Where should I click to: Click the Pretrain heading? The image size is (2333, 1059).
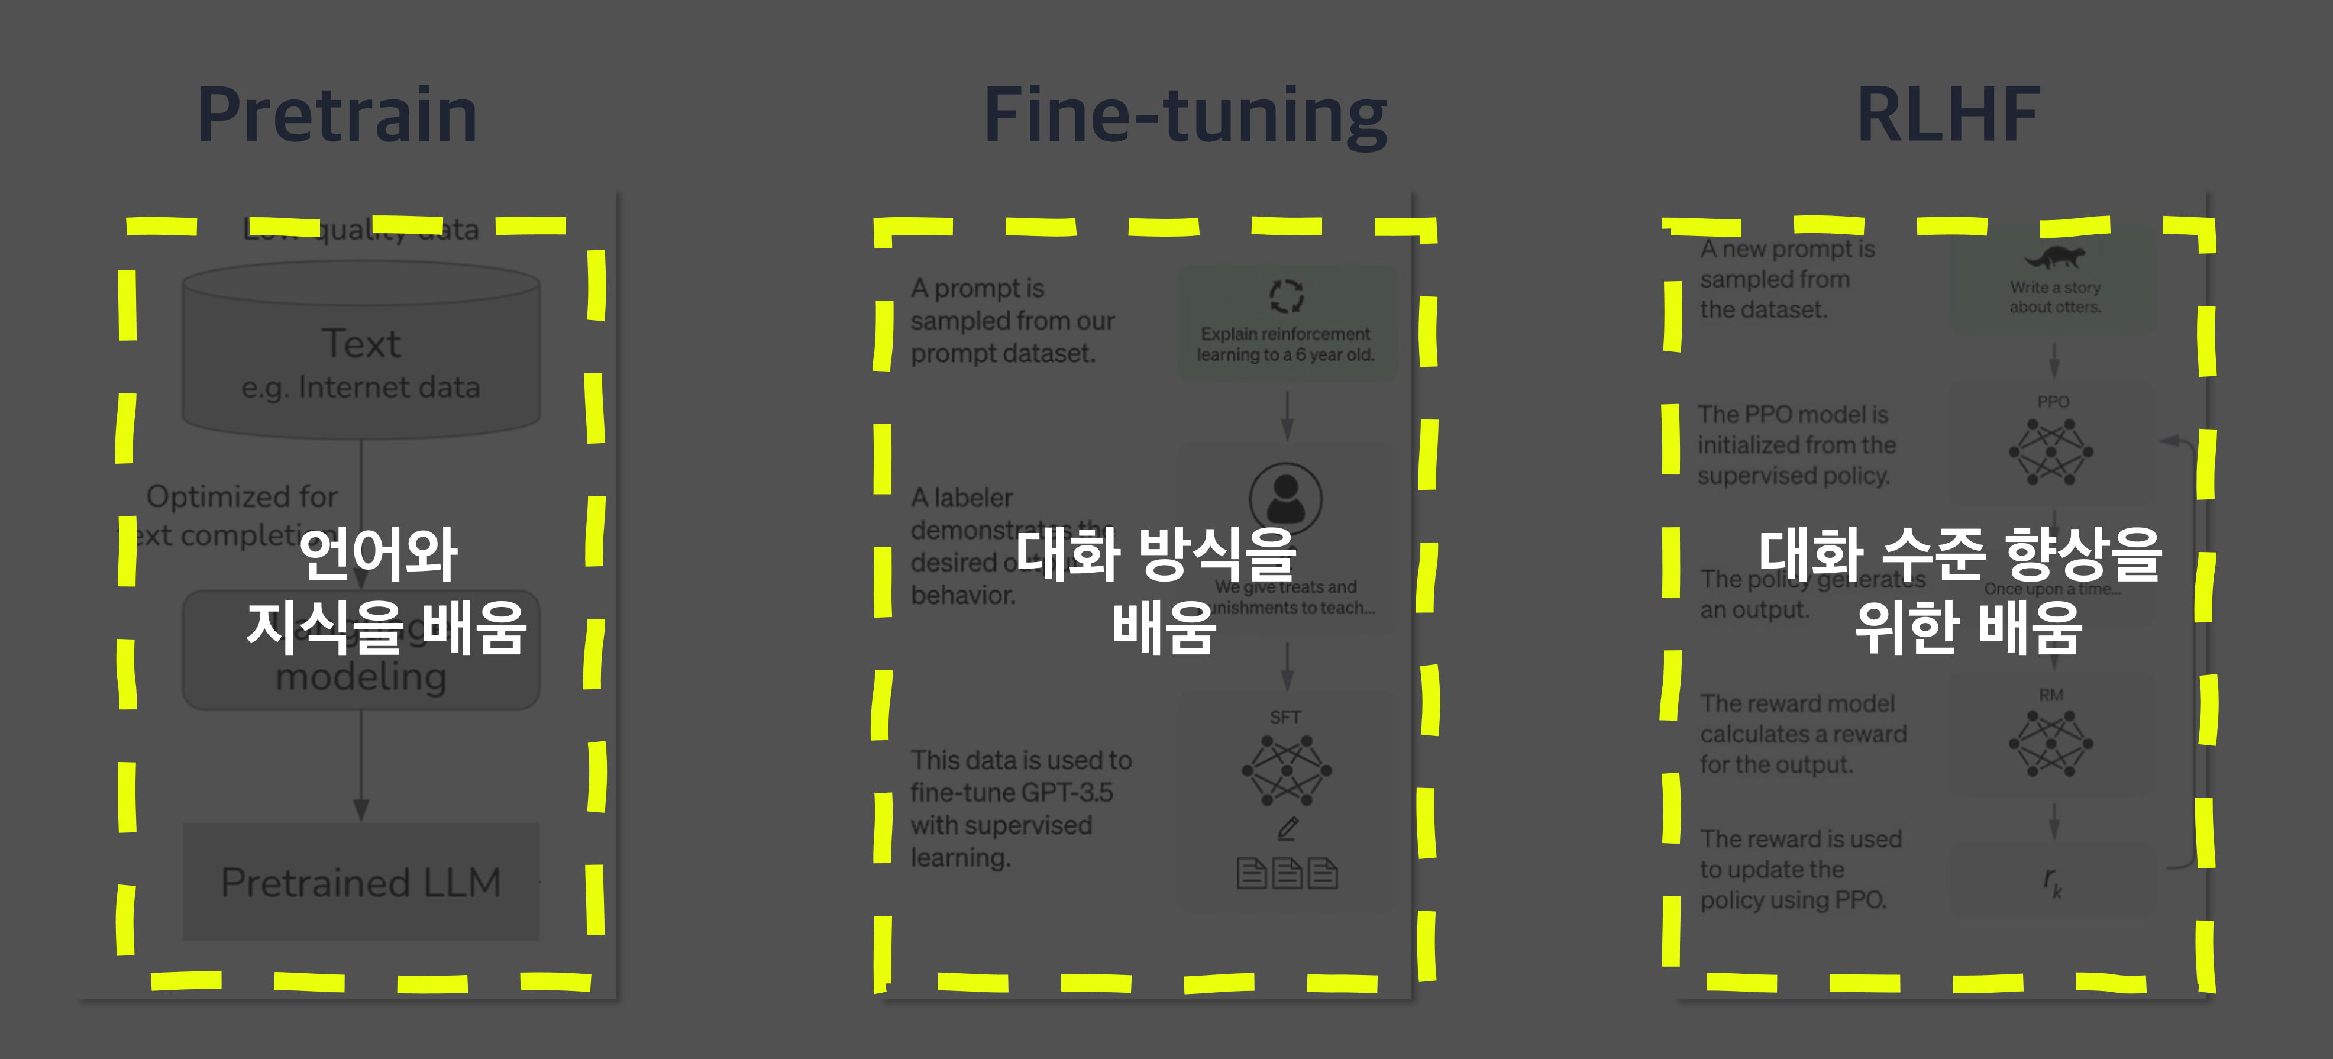(337, 115)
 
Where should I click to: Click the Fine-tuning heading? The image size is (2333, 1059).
(1185, 115)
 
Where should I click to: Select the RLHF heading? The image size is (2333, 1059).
(1948, 115)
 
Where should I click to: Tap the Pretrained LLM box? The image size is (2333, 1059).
(360, 882)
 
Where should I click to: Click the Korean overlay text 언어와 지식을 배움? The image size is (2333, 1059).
(385, 590)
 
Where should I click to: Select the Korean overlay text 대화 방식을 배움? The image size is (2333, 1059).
(1156, 590)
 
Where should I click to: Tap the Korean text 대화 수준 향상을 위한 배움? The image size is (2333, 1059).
(1961, 590)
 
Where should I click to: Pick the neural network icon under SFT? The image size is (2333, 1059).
(1286, 771)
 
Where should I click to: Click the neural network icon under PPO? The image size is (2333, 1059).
(2051, 452)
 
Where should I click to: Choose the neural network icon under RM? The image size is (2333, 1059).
(2051, 744)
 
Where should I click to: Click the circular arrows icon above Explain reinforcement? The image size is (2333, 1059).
(1286, 295)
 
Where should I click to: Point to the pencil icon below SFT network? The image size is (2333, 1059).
(1288, 828)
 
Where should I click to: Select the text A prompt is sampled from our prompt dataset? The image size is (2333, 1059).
(1012, 321)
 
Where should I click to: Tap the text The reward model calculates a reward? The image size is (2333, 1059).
(1802, 734)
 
